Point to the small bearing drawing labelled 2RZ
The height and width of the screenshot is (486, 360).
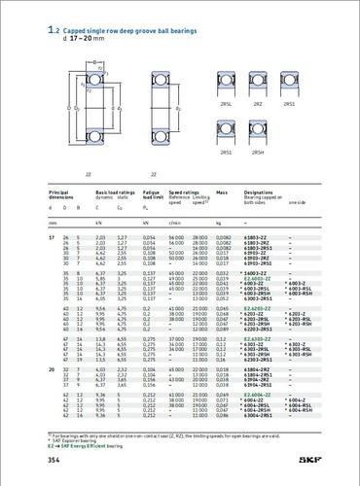tap(256, 87)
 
